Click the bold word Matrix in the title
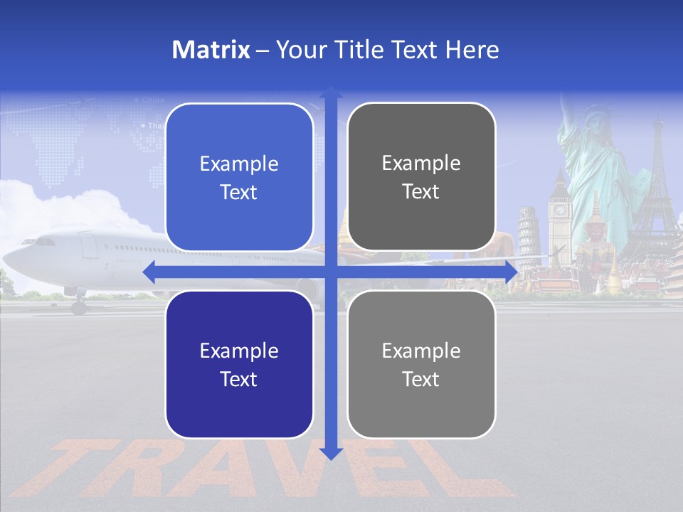[x=211, y=50]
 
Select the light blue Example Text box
[x=239, y=177]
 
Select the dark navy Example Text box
[x=239, y=364]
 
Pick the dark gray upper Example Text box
[x=421, y=177]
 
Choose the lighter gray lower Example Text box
[x=421, y=364]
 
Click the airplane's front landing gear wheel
[x=78, y=307]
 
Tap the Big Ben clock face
[x=560, y=210]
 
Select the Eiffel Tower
[x=655, y=192]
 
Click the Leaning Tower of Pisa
[x=528, y=235]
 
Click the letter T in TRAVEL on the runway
[x=85, y=466]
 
